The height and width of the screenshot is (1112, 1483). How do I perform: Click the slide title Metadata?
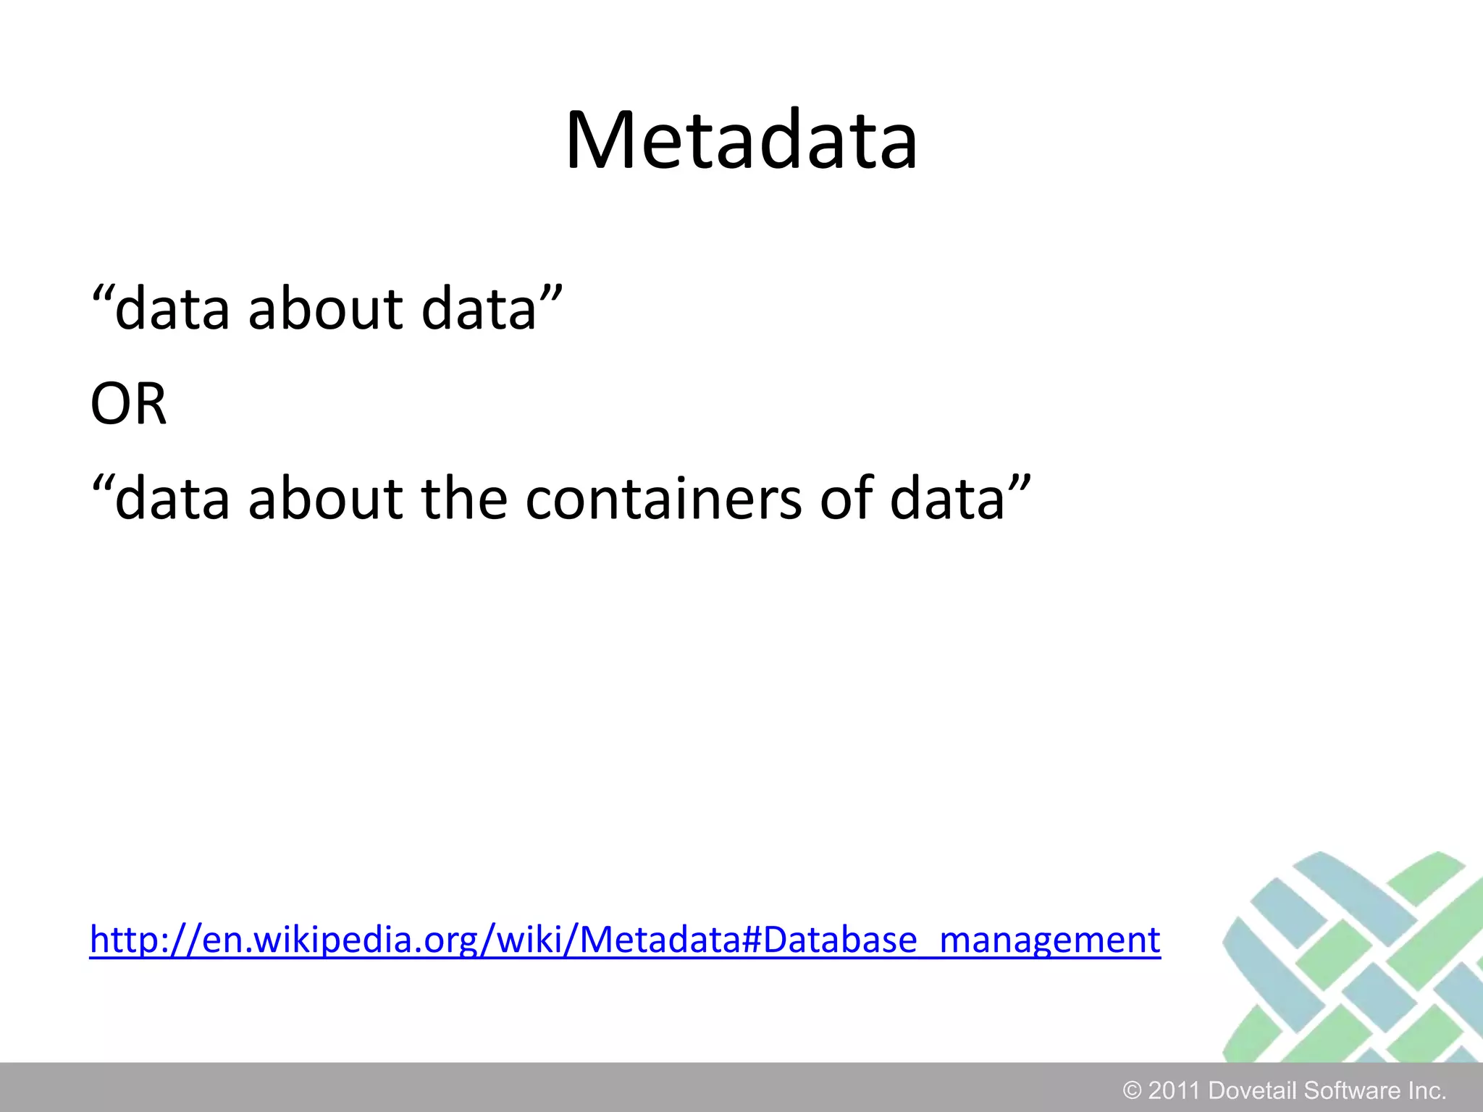[741, 140]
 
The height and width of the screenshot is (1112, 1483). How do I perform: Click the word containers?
[663, 499]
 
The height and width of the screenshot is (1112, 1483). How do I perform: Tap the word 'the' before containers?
[464, 499]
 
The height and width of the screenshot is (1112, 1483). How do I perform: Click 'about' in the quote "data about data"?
[325, 310]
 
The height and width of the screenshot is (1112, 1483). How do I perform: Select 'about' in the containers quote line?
[325, 499]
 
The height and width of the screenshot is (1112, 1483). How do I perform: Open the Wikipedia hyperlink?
[624, 940]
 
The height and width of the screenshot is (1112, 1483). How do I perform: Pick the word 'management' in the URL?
[1050, 940]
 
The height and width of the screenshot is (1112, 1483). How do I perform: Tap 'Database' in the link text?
[840, 940]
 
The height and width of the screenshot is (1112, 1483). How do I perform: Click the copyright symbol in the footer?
[1131, 1090]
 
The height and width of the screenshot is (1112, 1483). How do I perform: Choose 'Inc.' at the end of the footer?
[1427, 1090]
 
